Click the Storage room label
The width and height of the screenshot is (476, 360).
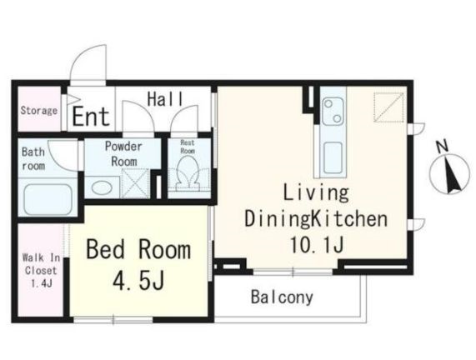click(39, 111)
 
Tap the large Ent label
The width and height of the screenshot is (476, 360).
click(91, 117)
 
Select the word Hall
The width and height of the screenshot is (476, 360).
click(165, 99)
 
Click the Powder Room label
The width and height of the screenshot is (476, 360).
click(123, 154)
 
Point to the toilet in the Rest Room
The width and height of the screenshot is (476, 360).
click(188, 173)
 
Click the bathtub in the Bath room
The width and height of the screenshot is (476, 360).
click(48, 199)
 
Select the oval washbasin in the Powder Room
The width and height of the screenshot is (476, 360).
click(102, 187)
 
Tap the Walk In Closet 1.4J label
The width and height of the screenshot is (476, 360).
click(41, 271)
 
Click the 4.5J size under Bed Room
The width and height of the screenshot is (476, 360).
click(138, 281)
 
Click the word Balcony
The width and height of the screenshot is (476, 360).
click(282, 297)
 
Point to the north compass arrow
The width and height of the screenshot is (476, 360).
click(451, 174)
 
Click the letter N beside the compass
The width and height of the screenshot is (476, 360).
click(443, 147)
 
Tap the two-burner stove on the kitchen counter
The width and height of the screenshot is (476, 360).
click(333, 112)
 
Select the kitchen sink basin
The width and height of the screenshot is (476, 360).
click(333, 157)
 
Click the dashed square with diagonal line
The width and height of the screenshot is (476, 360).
click(388, 107)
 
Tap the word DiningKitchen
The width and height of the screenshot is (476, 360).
click(316, 219)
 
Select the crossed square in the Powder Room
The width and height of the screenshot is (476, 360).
click(135, 184)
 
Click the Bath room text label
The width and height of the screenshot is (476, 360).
click(33, 159)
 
